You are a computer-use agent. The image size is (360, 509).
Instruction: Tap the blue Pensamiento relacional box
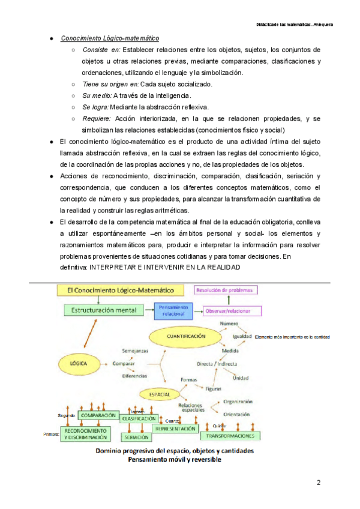(172, 310)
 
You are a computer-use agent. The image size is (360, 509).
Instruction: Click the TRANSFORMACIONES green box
(230, 436)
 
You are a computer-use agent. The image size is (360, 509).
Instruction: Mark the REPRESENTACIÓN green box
(175, 429)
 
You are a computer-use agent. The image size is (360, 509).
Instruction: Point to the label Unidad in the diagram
(240, 378)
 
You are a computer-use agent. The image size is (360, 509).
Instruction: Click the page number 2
(319, 483)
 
